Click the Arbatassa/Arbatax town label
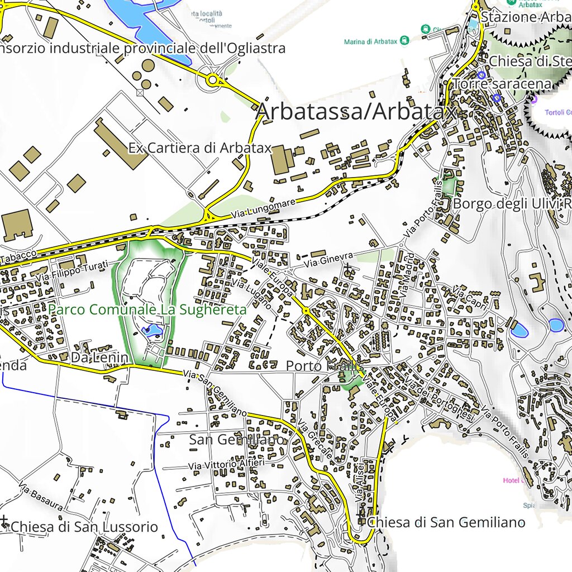(355, 112)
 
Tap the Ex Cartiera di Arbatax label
(199, 148)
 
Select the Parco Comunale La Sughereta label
(147, 309)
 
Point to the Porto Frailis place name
(319, 366)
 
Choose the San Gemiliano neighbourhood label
(236, 440)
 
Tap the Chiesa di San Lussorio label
(84, 527)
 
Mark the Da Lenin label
(99, 357)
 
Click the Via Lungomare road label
(264, 207)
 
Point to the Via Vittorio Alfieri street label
(226, 465)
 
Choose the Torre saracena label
(502, 84)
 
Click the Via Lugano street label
(251, 294)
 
